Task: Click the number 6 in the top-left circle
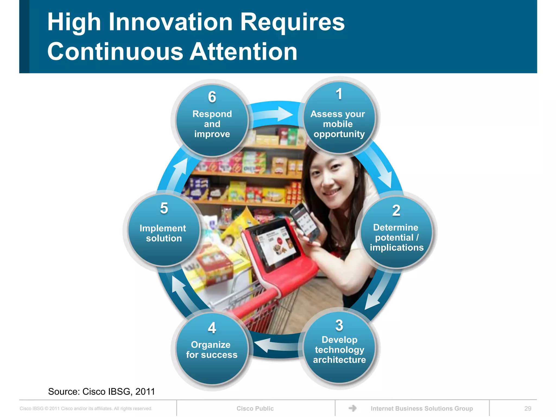[212, 97]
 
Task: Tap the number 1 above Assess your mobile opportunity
[339, 94]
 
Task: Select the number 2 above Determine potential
[396, 210]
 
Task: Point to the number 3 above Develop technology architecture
[339, 325]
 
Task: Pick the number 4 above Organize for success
[212, 328]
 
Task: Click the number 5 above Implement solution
[164, 208]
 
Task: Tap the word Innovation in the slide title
[170, 22]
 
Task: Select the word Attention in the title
[243, 52]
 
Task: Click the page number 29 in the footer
[528, 408]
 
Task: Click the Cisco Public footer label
[255, 408]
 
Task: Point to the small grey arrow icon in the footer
[352, 408]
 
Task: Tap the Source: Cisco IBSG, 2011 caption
[101, 391]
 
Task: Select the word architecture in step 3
[339, 360]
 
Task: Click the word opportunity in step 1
[339, 134]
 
